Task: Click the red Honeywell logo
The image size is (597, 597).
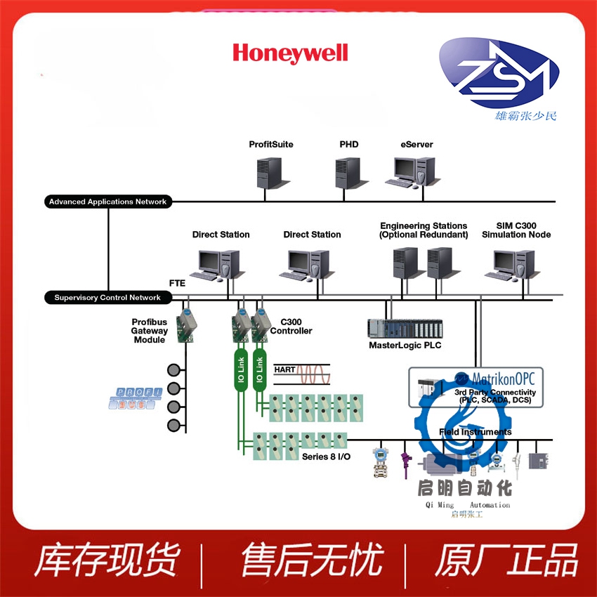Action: pos(290,53)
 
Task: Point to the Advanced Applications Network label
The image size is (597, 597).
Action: pos(107,202)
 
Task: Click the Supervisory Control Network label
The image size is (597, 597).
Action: pos(107,297)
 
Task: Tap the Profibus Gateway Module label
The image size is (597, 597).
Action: pos(150,331)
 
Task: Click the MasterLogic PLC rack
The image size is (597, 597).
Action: pos(405,328)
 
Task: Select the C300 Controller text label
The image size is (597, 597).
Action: pos(291,327)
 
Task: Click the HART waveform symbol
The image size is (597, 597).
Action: pos(313,373)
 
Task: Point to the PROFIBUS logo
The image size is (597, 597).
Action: pos(135,398)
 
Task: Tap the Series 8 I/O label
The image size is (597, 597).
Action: pos(326,457)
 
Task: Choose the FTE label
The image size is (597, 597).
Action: pos(177,282)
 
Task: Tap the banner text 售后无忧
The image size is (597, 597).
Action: pos(312,560)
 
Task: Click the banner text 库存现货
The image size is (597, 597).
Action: pos(107,560)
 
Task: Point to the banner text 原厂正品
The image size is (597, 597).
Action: pos(506,560)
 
